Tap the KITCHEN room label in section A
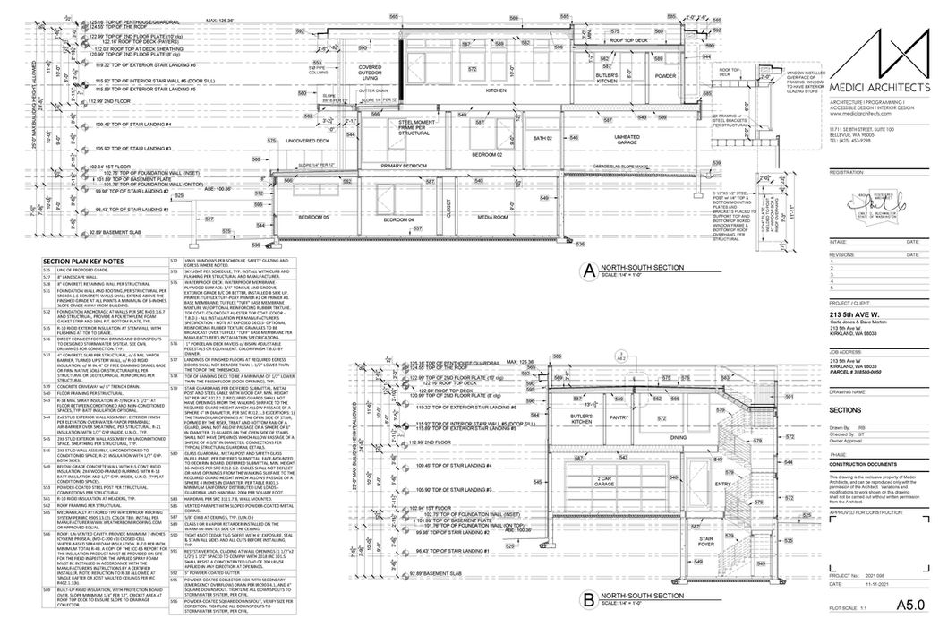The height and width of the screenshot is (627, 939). (496, 90)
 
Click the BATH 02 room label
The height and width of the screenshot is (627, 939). (539, 139)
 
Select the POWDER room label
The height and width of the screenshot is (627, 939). (664, 76)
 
